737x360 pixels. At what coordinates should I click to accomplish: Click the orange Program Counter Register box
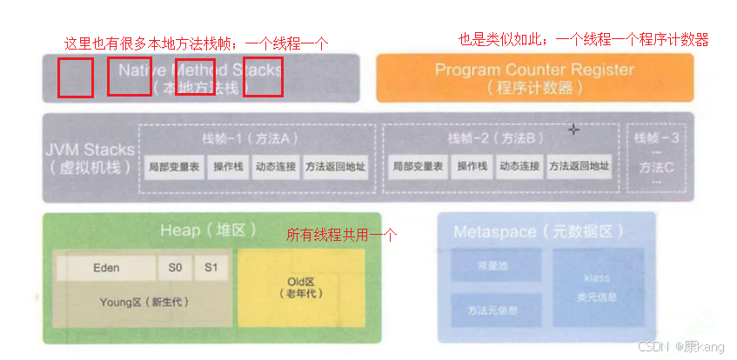click(534, 77)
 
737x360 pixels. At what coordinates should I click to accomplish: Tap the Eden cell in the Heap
click(106, 268)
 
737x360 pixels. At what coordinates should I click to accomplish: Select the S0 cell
click(175, 268)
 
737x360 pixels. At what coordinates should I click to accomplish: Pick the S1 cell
click(211, 268)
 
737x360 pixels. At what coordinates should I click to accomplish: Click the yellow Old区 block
click(305, 288)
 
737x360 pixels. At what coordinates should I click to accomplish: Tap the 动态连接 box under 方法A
click(275, 166)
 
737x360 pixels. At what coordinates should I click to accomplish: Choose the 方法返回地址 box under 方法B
click(579, 166)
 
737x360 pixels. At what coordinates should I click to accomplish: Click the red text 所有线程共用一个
click(341, 235)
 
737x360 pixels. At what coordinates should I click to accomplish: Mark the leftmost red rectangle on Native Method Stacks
click(76, 77)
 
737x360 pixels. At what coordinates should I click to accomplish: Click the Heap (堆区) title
click(210, 230)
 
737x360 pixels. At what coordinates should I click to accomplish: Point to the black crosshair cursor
click(573, 130)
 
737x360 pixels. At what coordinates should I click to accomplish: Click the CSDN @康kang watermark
click(680, 346)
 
